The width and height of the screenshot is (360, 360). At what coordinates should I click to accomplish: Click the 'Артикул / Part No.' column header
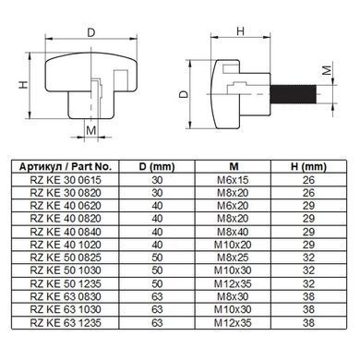66,167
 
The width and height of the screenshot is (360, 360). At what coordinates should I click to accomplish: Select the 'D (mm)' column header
157,167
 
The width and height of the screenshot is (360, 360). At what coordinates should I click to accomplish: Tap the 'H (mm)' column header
308,167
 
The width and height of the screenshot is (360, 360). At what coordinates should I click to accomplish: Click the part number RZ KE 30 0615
66,180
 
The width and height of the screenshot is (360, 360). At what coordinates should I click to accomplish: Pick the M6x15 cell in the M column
233,180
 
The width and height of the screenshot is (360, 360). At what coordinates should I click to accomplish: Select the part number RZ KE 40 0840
66,232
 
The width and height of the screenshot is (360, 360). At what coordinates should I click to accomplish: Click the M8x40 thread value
233,232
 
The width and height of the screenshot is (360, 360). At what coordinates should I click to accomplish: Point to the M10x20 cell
233,245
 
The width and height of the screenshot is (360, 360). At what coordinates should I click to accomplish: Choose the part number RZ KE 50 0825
66,258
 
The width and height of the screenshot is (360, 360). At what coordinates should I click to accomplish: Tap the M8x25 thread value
233,258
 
